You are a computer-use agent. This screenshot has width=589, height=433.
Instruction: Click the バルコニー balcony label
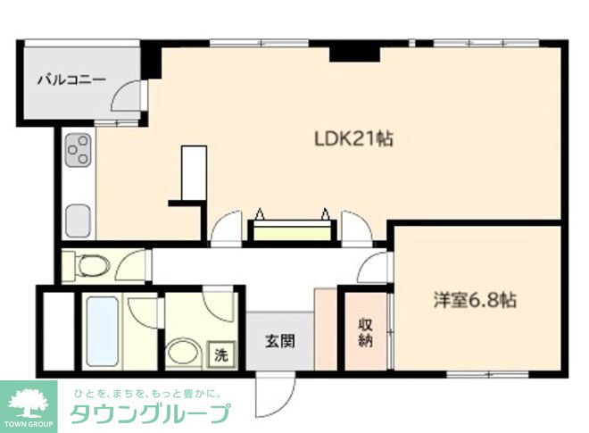(71, 79)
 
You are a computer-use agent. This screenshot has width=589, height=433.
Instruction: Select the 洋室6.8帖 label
(476, 300)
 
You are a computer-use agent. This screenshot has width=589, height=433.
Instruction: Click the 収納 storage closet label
(366, 332)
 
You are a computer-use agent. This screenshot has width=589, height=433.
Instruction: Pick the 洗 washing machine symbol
(220, 354)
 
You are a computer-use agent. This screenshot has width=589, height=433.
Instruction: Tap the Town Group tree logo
(29, 399)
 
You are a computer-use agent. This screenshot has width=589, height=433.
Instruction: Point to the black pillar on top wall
(351, 52)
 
